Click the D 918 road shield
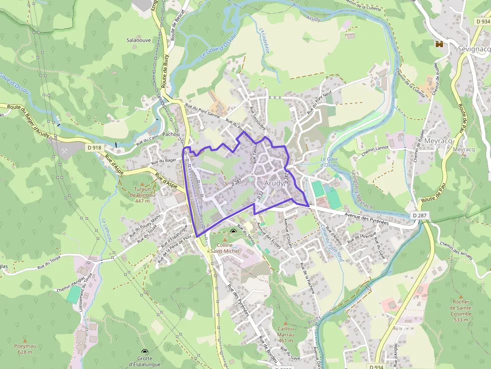(94, 148)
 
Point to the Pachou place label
(171, 135)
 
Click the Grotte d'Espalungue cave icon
(145, 352)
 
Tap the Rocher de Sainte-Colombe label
(460, 310)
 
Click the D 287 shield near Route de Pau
(421, 215)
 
